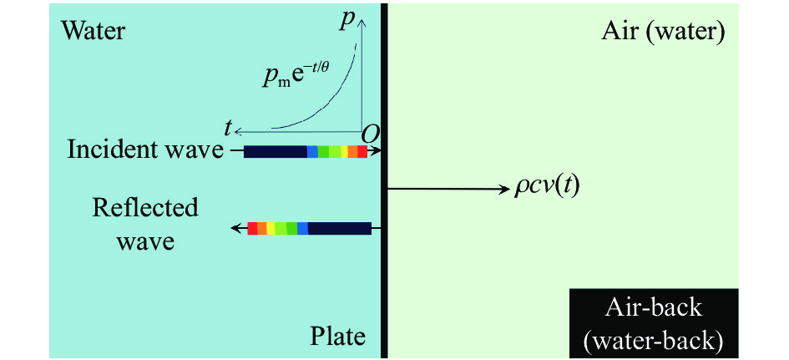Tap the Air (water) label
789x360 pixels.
coord(663,33)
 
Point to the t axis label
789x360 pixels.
coord(229,129)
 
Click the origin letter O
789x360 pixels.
coord(371,133)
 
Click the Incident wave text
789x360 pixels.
coord(145,150)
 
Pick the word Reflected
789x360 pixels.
coord(145,207)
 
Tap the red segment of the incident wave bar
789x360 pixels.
coord(362,151)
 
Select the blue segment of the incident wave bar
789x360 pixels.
coord(312,151)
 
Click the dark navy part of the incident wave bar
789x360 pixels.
coord(276,151)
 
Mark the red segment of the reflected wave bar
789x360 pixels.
coord(253,229)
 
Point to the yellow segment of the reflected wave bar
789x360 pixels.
coord(271,229)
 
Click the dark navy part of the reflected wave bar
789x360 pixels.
coord(340,229)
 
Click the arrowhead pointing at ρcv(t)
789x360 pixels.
coord(505,190)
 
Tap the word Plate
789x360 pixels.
coord(336,335)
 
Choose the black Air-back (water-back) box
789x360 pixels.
coord(654,323)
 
